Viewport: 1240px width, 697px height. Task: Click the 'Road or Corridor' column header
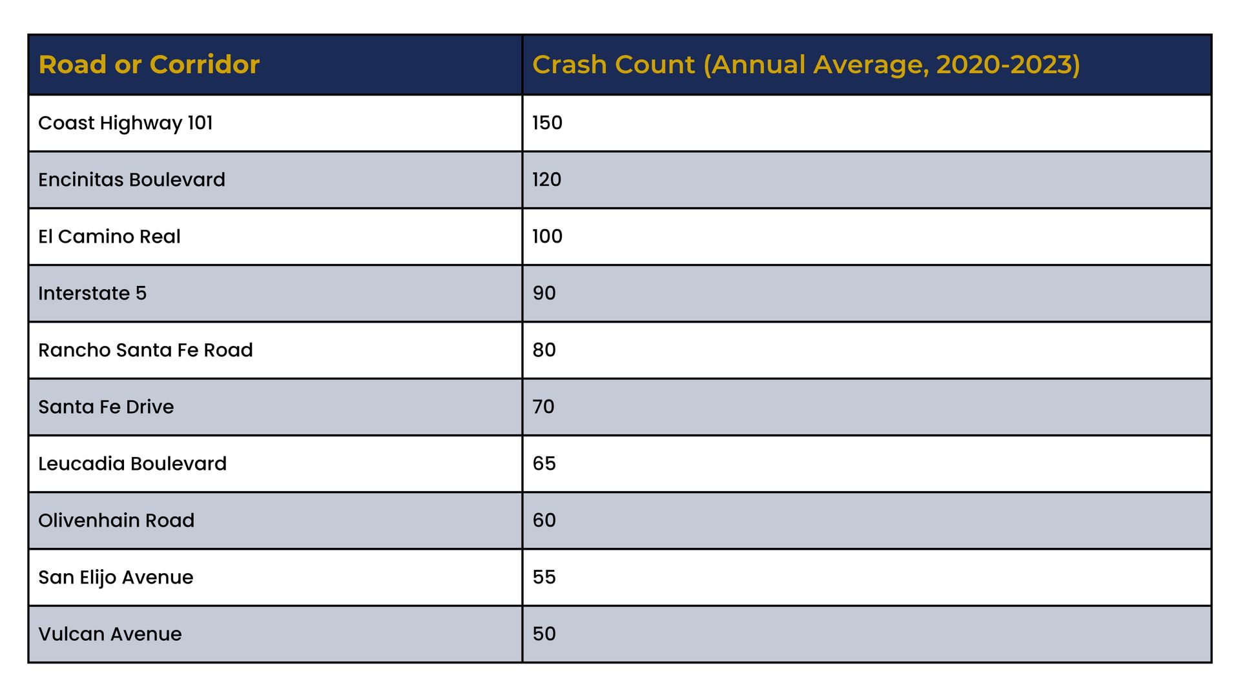point(149,65)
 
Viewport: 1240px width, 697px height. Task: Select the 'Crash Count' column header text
point(806,65)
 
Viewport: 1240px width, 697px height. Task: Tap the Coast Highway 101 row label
point(125,123)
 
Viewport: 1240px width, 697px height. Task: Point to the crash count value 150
point(547,123)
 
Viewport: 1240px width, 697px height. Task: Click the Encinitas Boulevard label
point(132,179)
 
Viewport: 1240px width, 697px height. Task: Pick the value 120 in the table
point(546,179)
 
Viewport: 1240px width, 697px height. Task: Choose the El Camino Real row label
point(109,236)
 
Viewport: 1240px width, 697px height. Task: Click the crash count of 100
point(547,236)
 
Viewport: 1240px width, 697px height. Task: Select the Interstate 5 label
point(92,293)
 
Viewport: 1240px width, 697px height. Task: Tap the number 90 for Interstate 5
point(544,293)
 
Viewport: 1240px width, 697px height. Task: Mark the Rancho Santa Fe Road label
point(145,350)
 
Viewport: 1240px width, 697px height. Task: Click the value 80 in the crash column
point(544,350)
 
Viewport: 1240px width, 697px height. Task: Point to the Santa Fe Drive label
point(106,407)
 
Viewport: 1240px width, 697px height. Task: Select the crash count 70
point(543,407)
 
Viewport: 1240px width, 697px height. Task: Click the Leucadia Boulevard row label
point(132,463)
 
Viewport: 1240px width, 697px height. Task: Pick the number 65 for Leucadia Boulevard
point(544,463)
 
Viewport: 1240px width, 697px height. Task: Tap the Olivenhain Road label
point(116,520)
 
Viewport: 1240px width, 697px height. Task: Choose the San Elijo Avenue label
point(116,578)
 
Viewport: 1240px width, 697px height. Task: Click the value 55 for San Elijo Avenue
point(544,577)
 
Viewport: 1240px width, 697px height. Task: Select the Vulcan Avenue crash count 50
point(544,634)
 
